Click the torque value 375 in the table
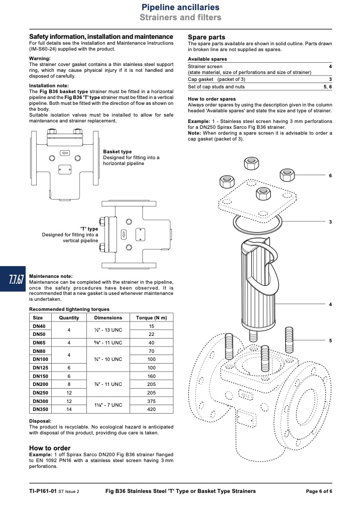(x=151, y=401)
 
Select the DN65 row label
(x=39, y=342)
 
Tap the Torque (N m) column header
(x=151, y=318)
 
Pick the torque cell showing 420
(x=151, y=409)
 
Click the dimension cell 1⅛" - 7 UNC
(x=108, y=405)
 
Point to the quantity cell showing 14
(x=69, y=409)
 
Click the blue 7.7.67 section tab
(x=13, y=279)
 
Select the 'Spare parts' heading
(x=206, y=37)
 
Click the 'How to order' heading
(x=50, y=448)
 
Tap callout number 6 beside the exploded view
(x=331, y=176)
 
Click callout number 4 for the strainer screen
(x=331, y=305)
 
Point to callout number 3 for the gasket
(x=331, y=222)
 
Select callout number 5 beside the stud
(x=331, y=341)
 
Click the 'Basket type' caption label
(x=117, y=152)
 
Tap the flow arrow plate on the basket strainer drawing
(x=65, y=153)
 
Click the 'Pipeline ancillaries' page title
(x=180, y=7)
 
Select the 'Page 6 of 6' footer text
(x=319, y=491)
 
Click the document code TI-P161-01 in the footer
(x=43, y=491)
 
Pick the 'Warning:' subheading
(x=40, y=59)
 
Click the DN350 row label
(x=41, y=409)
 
